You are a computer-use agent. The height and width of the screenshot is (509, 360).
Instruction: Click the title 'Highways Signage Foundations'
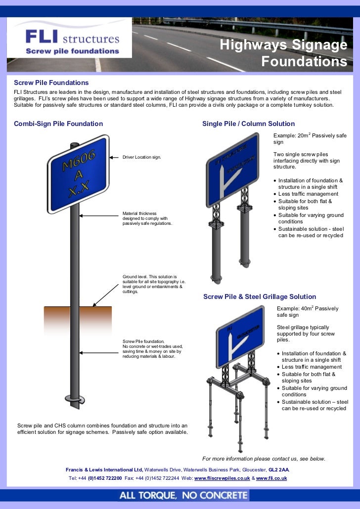click(x=283, y=54)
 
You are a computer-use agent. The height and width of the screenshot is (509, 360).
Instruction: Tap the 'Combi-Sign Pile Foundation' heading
click(x=58, y=124)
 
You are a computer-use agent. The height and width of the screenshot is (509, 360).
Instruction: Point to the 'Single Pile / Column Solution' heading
click(x=248, y=124)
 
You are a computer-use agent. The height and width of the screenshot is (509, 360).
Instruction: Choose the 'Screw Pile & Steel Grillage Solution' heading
click(x=260, y=297)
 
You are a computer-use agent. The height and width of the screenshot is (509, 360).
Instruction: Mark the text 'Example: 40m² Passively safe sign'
click(x=308, y=311)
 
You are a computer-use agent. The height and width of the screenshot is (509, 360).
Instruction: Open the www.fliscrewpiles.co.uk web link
click(x=222, y=478)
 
